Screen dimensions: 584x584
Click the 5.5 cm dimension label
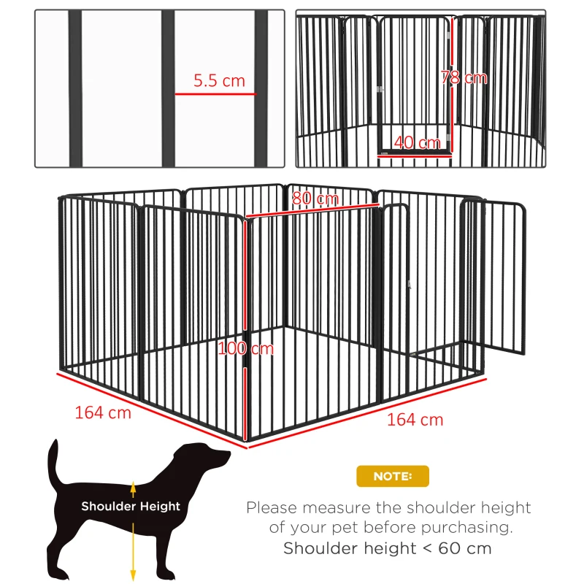[x=219, y=81]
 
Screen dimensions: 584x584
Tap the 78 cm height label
[x=464, y=77]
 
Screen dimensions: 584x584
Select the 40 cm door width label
[x=417, y=142]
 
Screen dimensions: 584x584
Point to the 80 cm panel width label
[x=315, y=199]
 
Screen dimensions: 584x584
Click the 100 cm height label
[x=246, y=348]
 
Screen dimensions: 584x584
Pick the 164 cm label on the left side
[x=103, y=412]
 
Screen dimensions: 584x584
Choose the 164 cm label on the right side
[x=415, y=420]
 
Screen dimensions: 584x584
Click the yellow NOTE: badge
[x=393, y=476]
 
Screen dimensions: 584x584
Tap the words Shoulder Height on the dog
[x=131, y=506]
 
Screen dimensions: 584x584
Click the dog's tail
[x=53, y=467]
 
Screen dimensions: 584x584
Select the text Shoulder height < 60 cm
[x=388, y=548]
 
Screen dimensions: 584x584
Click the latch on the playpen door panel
[x=410, y=285]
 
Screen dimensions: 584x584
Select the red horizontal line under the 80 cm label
[x=314, y=212]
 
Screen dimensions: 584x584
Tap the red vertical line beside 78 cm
[x=452, y=80]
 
